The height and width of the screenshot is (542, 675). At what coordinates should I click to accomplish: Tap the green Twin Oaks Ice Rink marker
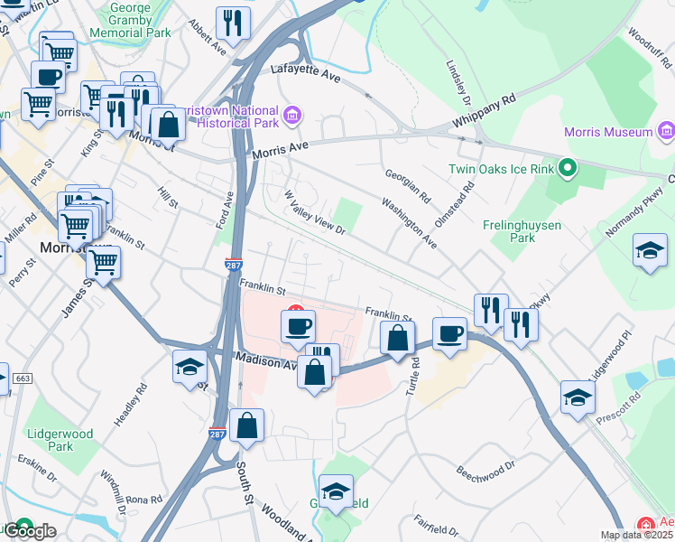point(568,168)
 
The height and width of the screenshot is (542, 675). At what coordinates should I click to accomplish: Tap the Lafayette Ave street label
point(306,75)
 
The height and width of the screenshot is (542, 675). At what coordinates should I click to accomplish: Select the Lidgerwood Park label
point(60,440)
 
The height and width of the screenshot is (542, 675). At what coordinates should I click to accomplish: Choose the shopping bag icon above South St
point(246,425)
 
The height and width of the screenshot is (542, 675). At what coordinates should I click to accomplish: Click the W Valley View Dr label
point(315,213)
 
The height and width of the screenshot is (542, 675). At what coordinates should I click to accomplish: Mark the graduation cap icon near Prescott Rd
point(578,397)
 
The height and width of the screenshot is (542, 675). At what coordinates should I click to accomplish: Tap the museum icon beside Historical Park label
point(292,116)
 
